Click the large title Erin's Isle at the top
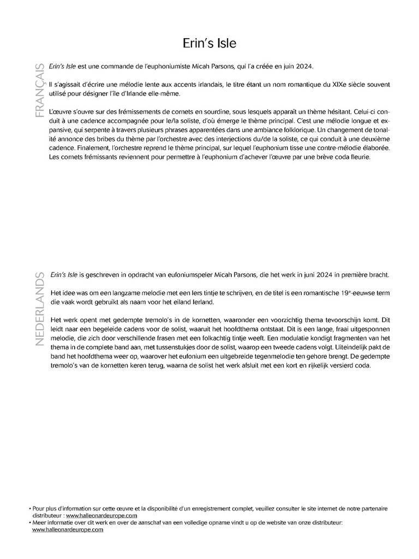(x=209, y=42)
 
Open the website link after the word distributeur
(x=101, y=515)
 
